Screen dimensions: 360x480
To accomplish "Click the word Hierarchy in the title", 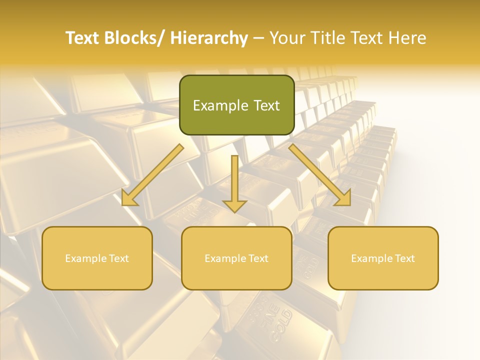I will tap(208, 38).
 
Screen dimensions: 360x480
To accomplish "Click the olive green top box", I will tap(236, 105).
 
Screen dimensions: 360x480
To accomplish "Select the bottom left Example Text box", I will tap(97, 258).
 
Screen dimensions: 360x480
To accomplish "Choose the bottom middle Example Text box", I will tap(236, 258).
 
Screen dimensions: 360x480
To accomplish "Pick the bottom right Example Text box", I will tap(383, 258).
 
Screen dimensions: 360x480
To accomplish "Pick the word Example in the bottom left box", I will tap(85, 258).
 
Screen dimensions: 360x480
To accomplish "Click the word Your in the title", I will tap(286, 38).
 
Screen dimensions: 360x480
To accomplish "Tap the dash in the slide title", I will tap(258, 38).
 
